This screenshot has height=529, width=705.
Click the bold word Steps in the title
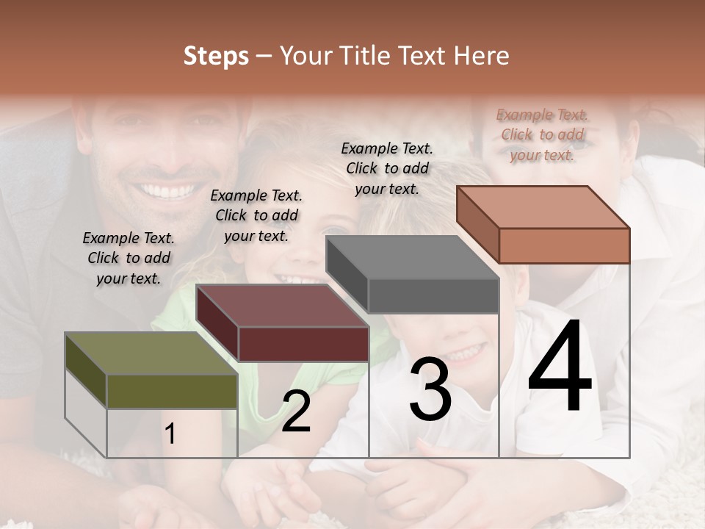point(216,56)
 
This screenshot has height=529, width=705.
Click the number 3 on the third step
point(430,389)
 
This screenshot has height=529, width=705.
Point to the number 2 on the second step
point(296,411)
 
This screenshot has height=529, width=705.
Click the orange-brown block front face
point(564,245)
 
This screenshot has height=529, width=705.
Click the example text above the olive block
point(129,258)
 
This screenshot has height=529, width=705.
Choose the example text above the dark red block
point(256,215)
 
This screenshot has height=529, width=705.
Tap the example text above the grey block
point(387,168)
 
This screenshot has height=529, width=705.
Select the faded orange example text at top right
point(542,134)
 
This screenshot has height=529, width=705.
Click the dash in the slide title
point(264,56)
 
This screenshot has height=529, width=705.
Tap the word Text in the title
point(426,56)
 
